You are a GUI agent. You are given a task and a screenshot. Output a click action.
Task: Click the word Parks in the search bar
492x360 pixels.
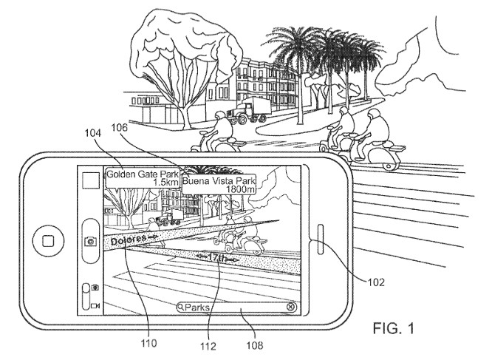[x=198, y=307]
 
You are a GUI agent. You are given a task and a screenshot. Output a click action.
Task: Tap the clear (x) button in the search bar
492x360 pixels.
[x=291, y=307]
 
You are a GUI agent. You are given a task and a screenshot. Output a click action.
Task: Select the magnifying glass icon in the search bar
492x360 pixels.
[x=180, y=307]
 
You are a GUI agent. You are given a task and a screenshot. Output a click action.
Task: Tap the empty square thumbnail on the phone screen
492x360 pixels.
[x=91, y=183]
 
